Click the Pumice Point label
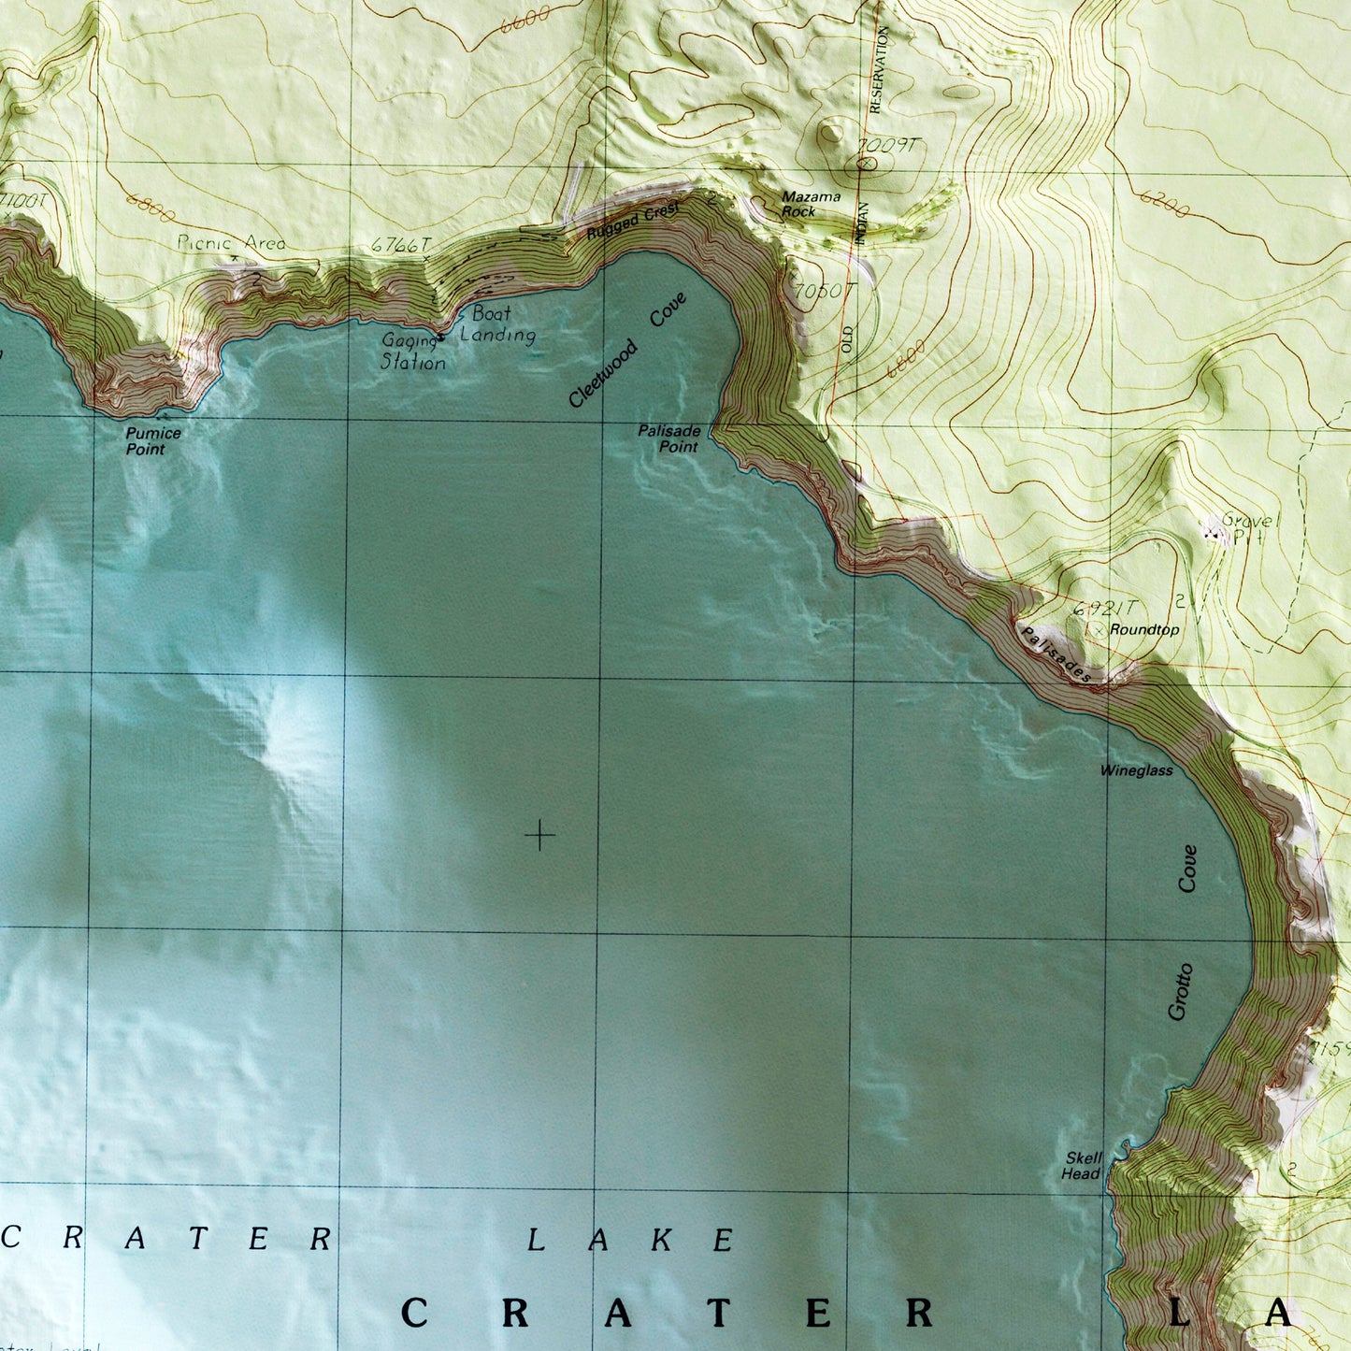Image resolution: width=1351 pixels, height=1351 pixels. [152, 441]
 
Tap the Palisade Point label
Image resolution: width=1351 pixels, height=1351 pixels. [669, 438]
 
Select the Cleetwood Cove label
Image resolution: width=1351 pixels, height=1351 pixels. [627, 350]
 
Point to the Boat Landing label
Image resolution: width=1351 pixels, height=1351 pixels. [496, 324]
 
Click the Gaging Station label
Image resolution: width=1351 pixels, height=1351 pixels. [412, 352]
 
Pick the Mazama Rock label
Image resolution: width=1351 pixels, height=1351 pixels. [810, 204]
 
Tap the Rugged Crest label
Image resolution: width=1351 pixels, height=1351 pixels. [633, 221]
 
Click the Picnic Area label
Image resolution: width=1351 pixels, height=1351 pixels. [231, 243]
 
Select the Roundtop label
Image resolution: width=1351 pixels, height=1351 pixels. [1144, 630]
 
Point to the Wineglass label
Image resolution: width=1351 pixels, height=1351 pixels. [1136, 770]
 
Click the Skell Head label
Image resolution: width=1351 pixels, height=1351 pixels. [1082, 1165]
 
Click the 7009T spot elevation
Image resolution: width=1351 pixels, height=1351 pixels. [888, 146]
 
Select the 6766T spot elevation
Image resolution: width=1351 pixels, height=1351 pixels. [399, 245]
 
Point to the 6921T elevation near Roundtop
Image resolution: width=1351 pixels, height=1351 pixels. [1105, 608]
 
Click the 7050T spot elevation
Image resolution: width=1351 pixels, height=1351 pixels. [824, 292]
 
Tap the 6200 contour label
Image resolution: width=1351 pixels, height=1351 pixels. [1163, 203]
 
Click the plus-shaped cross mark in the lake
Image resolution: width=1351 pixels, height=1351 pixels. [539, 835]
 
